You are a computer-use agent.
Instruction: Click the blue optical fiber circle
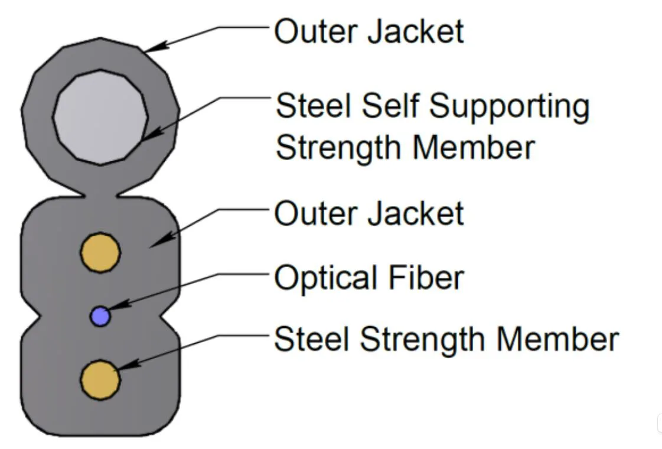pos(100,316)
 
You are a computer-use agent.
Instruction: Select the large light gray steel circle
pos(100,116)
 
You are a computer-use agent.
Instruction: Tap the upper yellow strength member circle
pos(100,252)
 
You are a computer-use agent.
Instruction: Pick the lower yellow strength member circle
pos(100,379)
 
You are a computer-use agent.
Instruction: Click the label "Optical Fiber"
pos(369,277)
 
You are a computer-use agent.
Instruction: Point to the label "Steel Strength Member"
pos(446,339)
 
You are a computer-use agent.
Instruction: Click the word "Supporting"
pos(509,107)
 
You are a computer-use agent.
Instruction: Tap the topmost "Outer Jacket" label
pos(369,31)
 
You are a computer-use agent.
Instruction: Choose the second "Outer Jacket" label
pos(369,213)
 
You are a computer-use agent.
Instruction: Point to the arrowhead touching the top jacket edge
pos(152,48)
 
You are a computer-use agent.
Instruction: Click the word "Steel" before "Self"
pos(314,106)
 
